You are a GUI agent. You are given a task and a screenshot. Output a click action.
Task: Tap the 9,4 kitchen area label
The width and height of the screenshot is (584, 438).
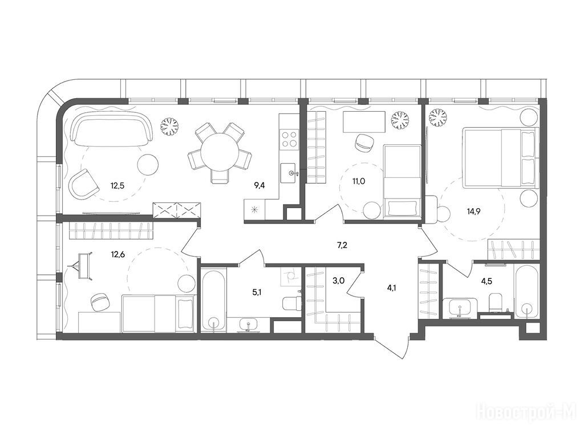259,185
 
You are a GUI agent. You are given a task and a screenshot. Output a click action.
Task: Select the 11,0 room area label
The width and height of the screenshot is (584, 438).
358,181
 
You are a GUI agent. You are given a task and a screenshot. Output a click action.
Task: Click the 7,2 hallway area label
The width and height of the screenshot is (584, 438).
342,245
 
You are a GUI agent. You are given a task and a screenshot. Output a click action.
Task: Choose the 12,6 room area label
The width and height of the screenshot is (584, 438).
117,254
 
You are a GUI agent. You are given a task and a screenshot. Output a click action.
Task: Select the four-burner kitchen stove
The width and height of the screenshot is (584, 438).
289,139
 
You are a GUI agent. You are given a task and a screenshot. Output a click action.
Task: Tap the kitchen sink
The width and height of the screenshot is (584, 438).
288,173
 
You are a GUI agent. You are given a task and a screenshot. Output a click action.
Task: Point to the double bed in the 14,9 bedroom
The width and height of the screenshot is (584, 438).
501,157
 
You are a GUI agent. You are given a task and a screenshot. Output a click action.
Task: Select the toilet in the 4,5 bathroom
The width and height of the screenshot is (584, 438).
495,302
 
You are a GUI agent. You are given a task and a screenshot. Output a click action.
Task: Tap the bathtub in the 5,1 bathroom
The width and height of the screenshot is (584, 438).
213,300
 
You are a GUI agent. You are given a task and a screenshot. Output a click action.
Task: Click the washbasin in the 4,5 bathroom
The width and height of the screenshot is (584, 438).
460,308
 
